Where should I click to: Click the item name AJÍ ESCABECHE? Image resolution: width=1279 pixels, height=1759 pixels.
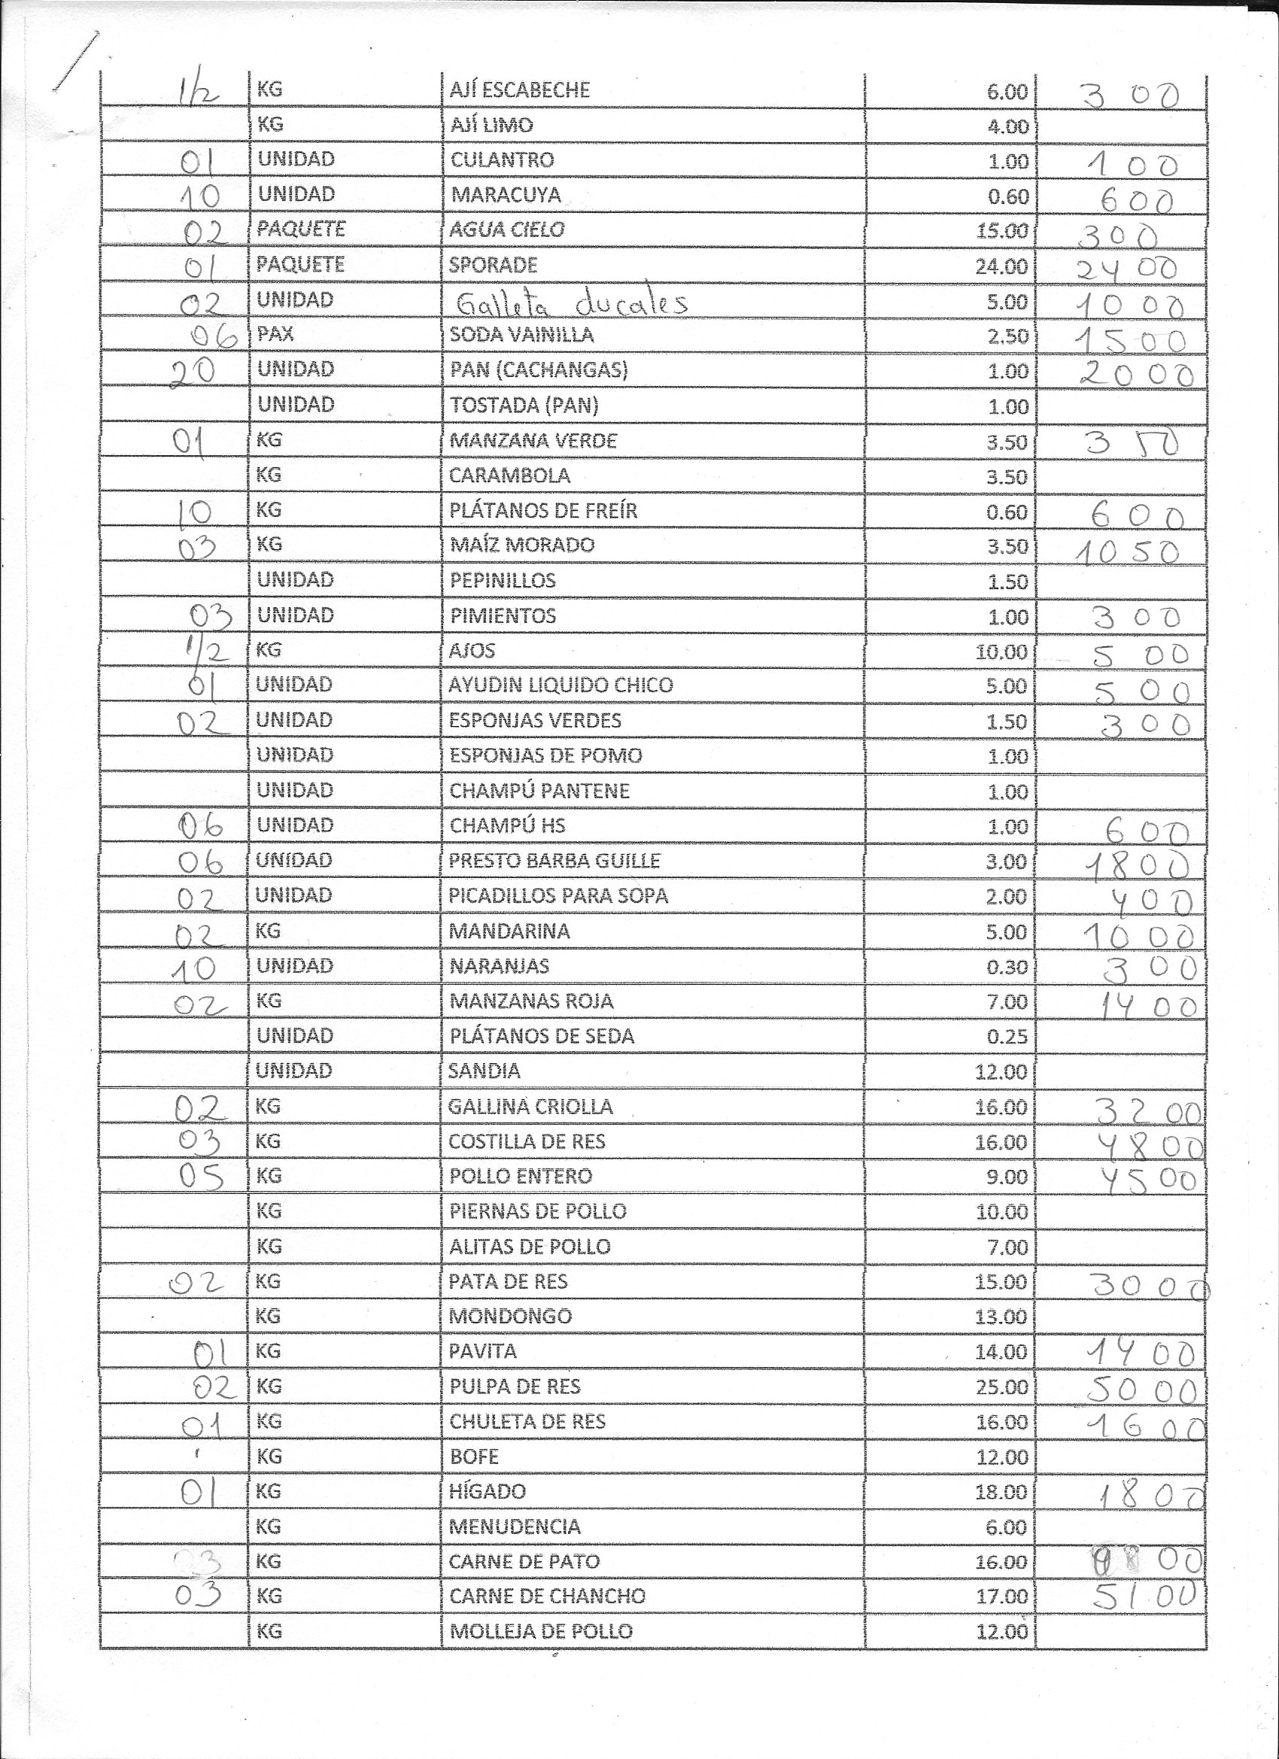pos(520,90)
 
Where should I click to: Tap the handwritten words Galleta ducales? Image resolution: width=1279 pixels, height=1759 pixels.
pos(572,303)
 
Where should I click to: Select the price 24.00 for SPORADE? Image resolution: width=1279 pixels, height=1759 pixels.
pos(1001,267)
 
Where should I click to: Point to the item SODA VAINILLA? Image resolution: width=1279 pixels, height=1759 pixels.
pos(521,335)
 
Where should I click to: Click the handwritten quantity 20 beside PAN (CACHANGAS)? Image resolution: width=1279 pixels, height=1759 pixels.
pos(193,372)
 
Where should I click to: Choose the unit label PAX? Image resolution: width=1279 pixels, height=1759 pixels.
pos(275,335)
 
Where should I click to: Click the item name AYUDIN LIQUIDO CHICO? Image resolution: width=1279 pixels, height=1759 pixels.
pos(560,685)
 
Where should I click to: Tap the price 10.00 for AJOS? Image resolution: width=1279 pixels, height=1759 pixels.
pos(1001,652)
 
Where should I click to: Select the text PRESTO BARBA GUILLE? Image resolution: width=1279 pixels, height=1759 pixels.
pos(554,860)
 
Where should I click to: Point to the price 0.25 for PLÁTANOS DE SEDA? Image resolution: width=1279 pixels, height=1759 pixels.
pos(1007,1037)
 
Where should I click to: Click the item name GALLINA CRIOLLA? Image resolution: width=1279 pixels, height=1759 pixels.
pos(530,1107)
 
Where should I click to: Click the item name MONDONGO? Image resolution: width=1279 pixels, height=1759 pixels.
pos(509,1316)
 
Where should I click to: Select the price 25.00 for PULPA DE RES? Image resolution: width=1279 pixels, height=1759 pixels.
pos(1001,1387)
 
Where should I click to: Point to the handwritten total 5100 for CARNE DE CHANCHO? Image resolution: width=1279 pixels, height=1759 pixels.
pos(1144,1595)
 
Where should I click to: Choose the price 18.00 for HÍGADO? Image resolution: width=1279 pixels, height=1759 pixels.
pos(1001,1491)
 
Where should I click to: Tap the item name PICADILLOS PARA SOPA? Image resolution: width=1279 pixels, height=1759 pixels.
pos(557,896)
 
